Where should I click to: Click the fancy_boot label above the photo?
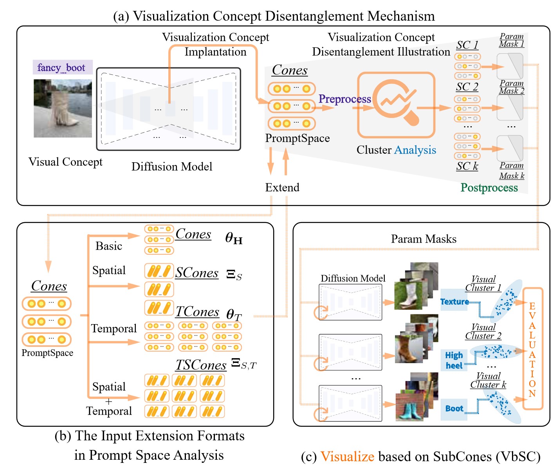[63, 67]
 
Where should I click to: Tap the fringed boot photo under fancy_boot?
[63, 108]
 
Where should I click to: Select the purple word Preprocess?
[344, 99]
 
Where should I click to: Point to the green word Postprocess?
[489, 188]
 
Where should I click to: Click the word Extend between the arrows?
[282, 187]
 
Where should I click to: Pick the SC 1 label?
[467, 45]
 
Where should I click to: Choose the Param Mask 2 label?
[512, 87]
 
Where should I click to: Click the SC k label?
[467, 166]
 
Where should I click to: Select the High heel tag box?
[454, 360]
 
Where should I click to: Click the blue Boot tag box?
[454, 409]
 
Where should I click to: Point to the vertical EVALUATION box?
[532, 348]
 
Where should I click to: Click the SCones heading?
[196, 273]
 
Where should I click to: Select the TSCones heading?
[201, 365]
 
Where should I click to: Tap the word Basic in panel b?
[109, 246]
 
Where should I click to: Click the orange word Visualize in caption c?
[347, 457]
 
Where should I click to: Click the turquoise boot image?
[409, 407]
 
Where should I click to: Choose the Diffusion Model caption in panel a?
[172, 167]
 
